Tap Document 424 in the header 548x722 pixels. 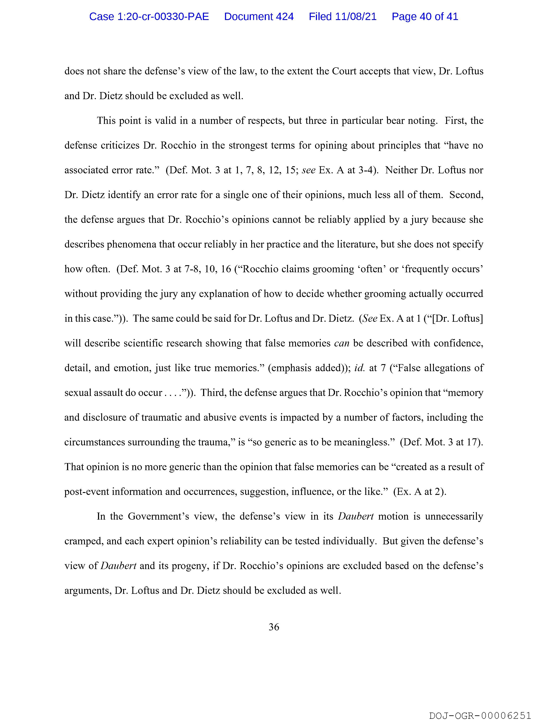(259, 17)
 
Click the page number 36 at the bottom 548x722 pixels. (274, 627)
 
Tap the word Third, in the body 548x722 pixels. (213, 393)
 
